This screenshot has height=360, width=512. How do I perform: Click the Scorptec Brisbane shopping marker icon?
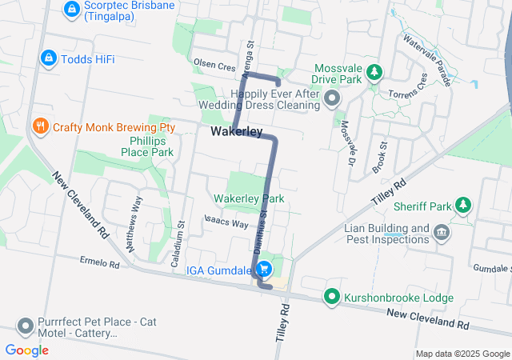click(71, 9)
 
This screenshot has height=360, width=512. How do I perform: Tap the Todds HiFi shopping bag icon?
click(48, 58)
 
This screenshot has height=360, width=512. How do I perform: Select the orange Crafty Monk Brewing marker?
click(38, 126)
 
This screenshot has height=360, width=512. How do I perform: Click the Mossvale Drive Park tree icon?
click(374, 74)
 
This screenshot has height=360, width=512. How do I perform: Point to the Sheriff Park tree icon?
click(462, 206)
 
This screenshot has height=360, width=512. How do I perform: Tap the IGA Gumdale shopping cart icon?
click(265, 270)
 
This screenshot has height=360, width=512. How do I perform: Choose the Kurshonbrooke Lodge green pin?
click(332, 297)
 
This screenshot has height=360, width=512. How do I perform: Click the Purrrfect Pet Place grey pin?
click(25, 326)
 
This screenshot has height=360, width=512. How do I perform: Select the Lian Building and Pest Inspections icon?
click(441, 233)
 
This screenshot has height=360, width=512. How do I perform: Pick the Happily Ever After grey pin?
click(333, 99)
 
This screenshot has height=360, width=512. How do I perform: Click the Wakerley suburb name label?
click(237, 131)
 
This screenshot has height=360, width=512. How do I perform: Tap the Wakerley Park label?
click(249, 198)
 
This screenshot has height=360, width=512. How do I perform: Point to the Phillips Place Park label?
click(146, 146)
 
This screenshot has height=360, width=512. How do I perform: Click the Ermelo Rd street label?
click(99, 262)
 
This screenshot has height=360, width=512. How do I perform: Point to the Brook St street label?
click(380, 158)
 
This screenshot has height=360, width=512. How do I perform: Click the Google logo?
click(26, 350)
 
